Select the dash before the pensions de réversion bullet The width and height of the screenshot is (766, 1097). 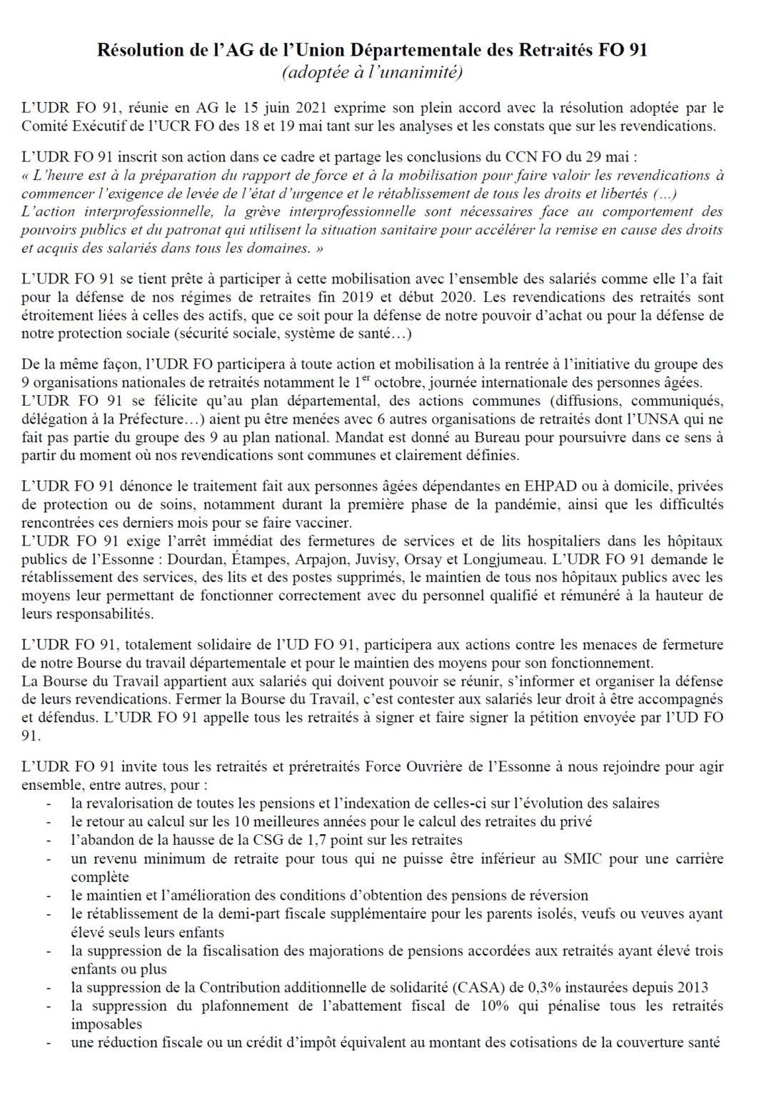48,896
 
